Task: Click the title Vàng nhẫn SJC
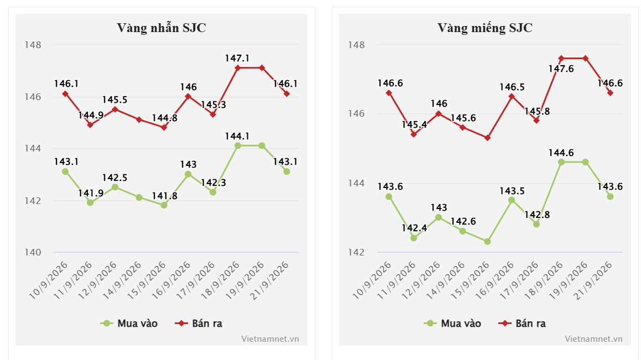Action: click(x=161, y=28)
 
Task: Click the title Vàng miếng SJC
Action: click(x=485, y=28)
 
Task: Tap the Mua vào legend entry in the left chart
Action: click(x=129, y=323)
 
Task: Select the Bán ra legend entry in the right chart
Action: click(x=522, y=323)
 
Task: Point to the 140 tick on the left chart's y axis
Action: click(x=33, y=252)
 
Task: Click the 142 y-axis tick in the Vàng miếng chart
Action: click(x=356, y=252)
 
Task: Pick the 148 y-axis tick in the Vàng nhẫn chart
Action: click(x=33, y=45)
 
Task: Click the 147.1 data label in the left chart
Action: click(x=237, y=59)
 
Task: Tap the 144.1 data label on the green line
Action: click(x=237, y=136)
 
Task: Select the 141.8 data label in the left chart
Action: click(x=165, y=196)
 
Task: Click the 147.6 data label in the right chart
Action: click(x=561, y=69)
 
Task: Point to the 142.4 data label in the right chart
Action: click(x=414, y=228)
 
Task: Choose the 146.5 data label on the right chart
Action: click(x=512, y=87)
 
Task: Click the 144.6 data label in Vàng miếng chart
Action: click(x=561, y=153)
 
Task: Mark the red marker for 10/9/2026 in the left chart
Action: click(x=65, y=93)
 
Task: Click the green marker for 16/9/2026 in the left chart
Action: click(x=188, y=174)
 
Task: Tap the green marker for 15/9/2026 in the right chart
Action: click(x=487, y=242)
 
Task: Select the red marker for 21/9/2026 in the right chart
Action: click(x=610, y=93)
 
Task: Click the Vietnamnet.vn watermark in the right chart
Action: click(x=593, y=339)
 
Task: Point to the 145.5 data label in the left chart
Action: click(x=115, y=100)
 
